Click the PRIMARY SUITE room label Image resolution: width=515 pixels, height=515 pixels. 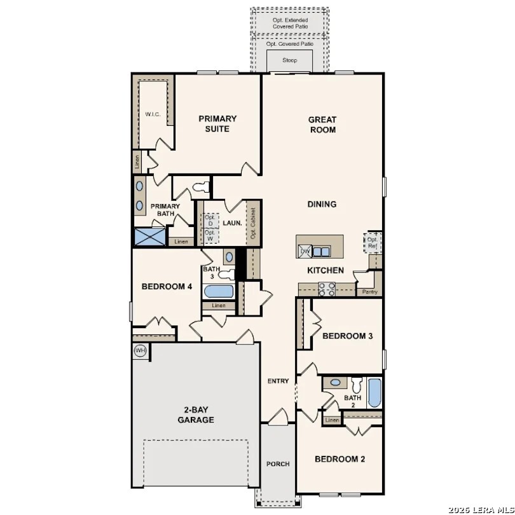click(217, 123)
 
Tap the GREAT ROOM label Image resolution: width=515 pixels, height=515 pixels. click(322, 124)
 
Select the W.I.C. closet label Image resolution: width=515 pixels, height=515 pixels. click(153, 114)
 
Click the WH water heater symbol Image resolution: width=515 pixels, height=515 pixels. click(140, 350)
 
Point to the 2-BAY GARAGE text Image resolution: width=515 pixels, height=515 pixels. click(195, 415)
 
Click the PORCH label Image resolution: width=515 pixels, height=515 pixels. click(278, 464)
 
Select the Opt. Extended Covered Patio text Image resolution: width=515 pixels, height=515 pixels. click(289, 24)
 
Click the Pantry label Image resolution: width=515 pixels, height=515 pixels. click(369, 292)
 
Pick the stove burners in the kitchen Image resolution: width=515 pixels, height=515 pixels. click(327, 289)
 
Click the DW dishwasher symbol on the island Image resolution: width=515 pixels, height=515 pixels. click(305, 252)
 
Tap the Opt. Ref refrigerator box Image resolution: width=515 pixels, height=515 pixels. click(373, 242)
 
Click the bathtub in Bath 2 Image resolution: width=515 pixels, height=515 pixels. click(374, 393)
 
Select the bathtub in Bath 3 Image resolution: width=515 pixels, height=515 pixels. click(218, 292)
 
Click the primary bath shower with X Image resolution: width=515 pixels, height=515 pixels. click(149, 237)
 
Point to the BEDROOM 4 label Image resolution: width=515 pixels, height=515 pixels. click(167, 286)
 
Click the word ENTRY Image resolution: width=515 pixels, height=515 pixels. click(278, 381)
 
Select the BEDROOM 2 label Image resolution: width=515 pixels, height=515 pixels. click(340, 458)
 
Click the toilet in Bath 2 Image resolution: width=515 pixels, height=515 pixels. click(356, 385)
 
